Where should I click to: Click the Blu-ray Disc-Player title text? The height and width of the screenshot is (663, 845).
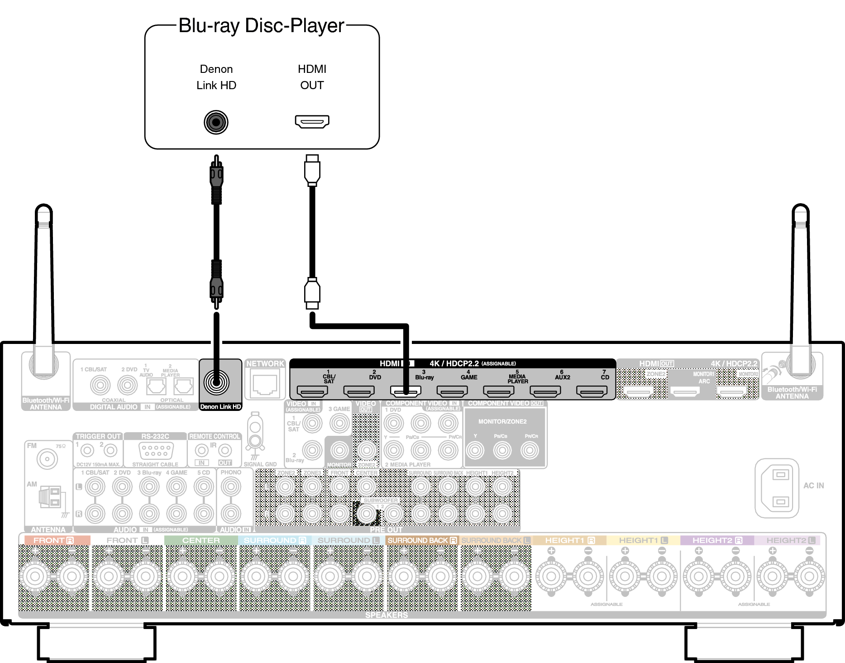[262, 26]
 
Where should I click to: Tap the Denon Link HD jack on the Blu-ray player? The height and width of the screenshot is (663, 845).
[216, 122]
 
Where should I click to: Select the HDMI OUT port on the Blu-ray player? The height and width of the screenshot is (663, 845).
[312, 121]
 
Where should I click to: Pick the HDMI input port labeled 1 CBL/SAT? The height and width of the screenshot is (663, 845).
[312, 391]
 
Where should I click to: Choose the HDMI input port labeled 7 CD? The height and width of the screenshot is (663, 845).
[592, 391]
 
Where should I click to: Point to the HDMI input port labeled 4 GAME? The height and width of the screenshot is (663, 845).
[452, 391]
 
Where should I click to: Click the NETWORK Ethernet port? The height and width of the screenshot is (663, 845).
[265, 385]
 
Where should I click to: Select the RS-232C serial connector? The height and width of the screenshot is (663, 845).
[156, 450]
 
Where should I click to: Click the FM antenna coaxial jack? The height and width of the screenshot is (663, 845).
[47, 459]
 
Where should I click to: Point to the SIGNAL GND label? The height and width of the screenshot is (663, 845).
[260, 464]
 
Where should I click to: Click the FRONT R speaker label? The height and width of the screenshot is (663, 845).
[53, 540]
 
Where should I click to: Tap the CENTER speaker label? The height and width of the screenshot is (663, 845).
[201, 540]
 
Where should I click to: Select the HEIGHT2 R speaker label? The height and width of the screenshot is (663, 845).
[717, 540]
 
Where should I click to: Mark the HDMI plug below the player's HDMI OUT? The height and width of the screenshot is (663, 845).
[312, 170]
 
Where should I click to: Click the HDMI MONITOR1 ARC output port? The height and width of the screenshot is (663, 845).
[685, 391]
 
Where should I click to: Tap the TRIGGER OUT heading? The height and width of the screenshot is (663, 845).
[98, 436]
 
